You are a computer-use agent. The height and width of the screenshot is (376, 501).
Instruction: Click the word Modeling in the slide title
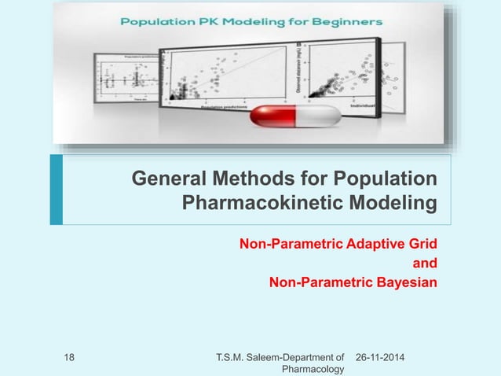398,205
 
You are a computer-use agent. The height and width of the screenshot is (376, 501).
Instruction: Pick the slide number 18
68,359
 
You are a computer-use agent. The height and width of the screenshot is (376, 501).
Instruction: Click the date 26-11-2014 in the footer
384,359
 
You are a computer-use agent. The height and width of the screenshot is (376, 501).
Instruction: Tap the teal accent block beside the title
55,190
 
